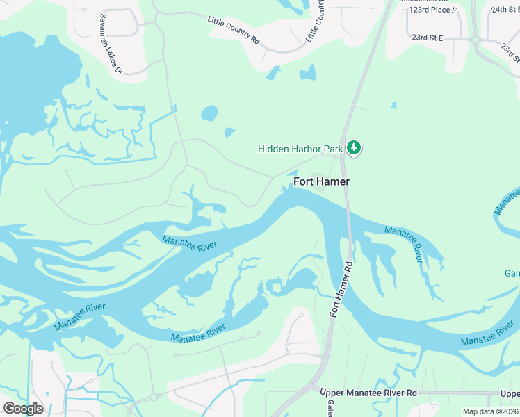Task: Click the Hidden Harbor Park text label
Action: coord(301,149)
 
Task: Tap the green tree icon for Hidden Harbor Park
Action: coord(355,147)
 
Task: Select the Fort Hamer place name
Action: coord(321,181)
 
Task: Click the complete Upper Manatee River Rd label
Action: coord(368,393)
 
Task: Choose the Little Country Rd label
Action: coord(234,31)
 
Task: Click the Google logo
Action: coord(23,408)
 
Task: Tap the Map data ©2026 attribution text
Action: coord(491,411)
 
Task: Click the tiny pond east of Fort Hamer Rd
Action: coord(393,106)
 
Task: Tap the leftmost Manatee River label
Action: coord(80,317)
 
